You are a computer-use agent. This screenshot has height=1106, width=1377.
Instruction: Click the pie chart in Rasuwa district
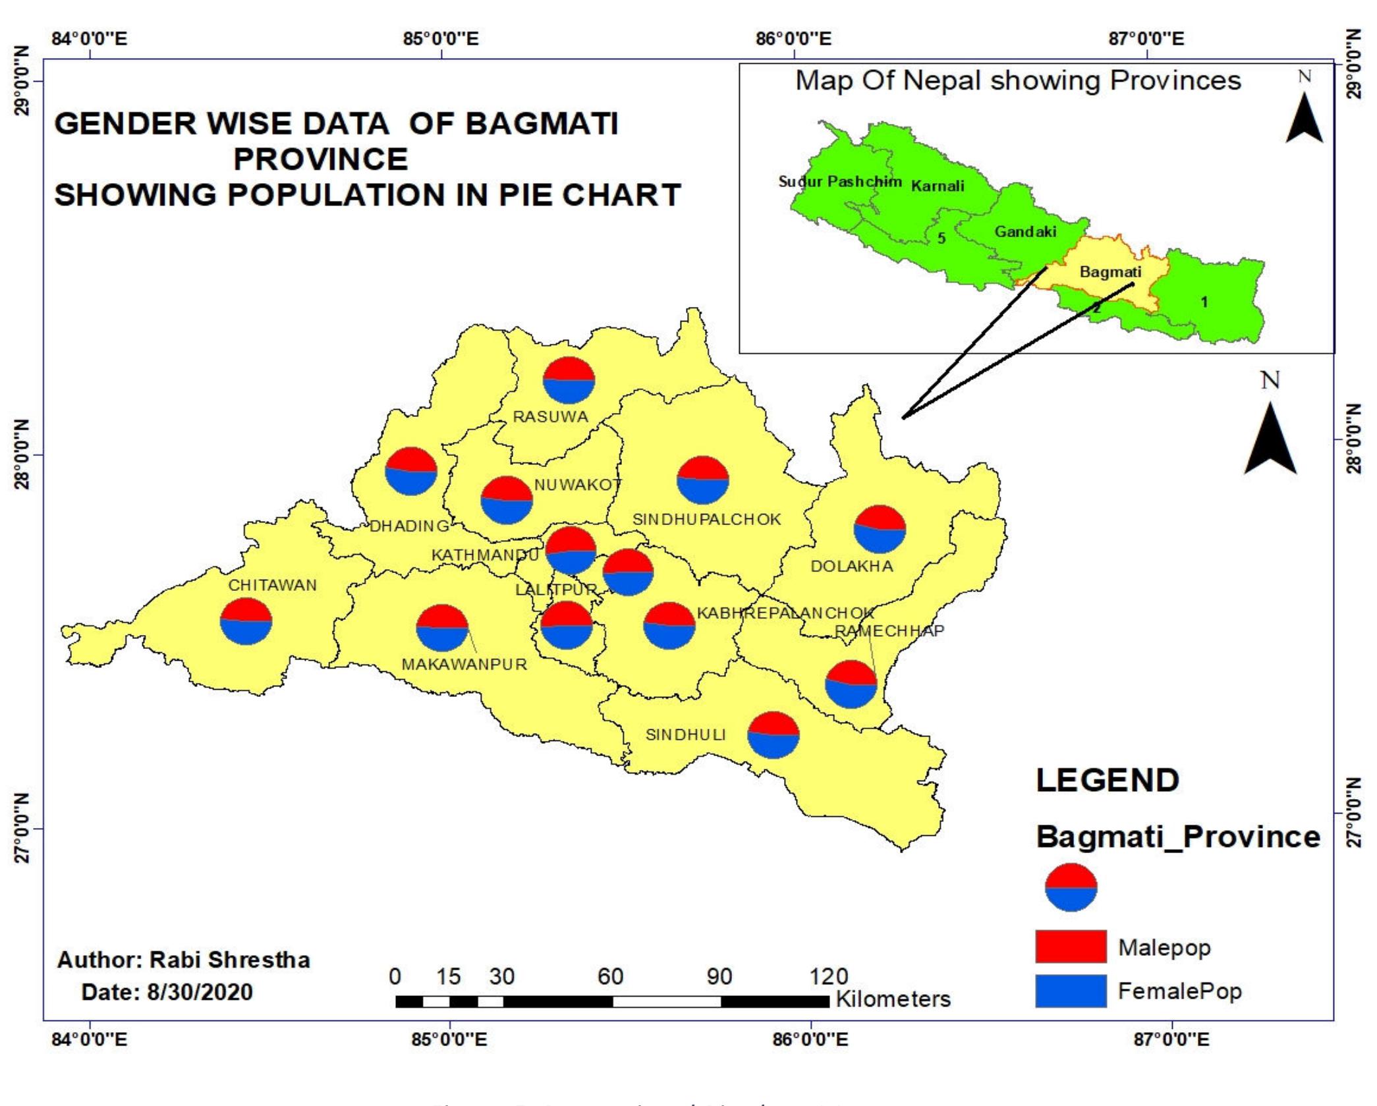(x=569, y=380)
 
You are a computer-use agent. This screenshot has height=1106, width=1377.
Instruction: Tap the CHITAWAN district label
(x=272, y=585)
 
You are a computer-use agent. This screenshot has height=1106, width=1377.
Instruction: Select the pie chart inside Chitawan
(x=246, y=621)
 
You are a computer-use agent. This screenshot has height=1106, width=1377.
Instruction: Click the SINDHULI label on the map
(x=685, y=734)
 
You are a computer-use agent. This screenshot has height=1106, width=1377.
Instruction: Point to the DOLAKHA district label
(x=851, y=566)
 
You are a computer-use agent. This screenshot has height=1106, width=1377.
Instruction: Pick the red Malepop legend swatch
(x=1070, y=947)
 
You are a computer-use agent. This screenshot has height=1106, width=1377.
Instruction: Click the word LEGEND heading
(x=1107, y=781)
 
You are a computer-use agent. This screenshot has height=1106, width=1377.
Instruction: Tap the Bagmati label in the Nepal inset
(x=1110, y=271)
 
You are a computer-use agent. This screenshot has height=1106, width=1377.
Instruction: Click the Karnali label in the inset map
(x=937, y=186)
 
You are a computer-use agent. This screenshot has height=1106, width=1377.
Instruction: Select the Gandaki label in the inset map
(x=1025, y=231)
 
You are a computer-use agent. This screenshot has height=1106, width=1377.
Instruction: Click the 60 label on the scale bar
(x=610, y=976)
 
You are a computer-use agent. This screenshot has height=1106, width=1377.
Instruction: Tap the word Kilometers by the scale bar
(x=893, y=999)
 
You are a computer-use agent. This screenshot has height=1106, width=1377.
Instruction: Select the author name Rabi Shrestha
(x=229, y=960)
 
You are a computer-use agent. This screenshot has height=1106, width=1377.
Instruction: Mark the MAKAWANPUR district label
(x=464, y=664)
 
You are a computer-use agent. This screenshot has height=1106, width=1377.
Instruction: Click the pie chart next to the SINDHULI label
(x=773, y=734)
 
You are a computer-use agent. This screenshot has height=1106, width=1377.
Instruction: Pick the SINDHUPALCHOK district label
(x=706, y=519)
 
